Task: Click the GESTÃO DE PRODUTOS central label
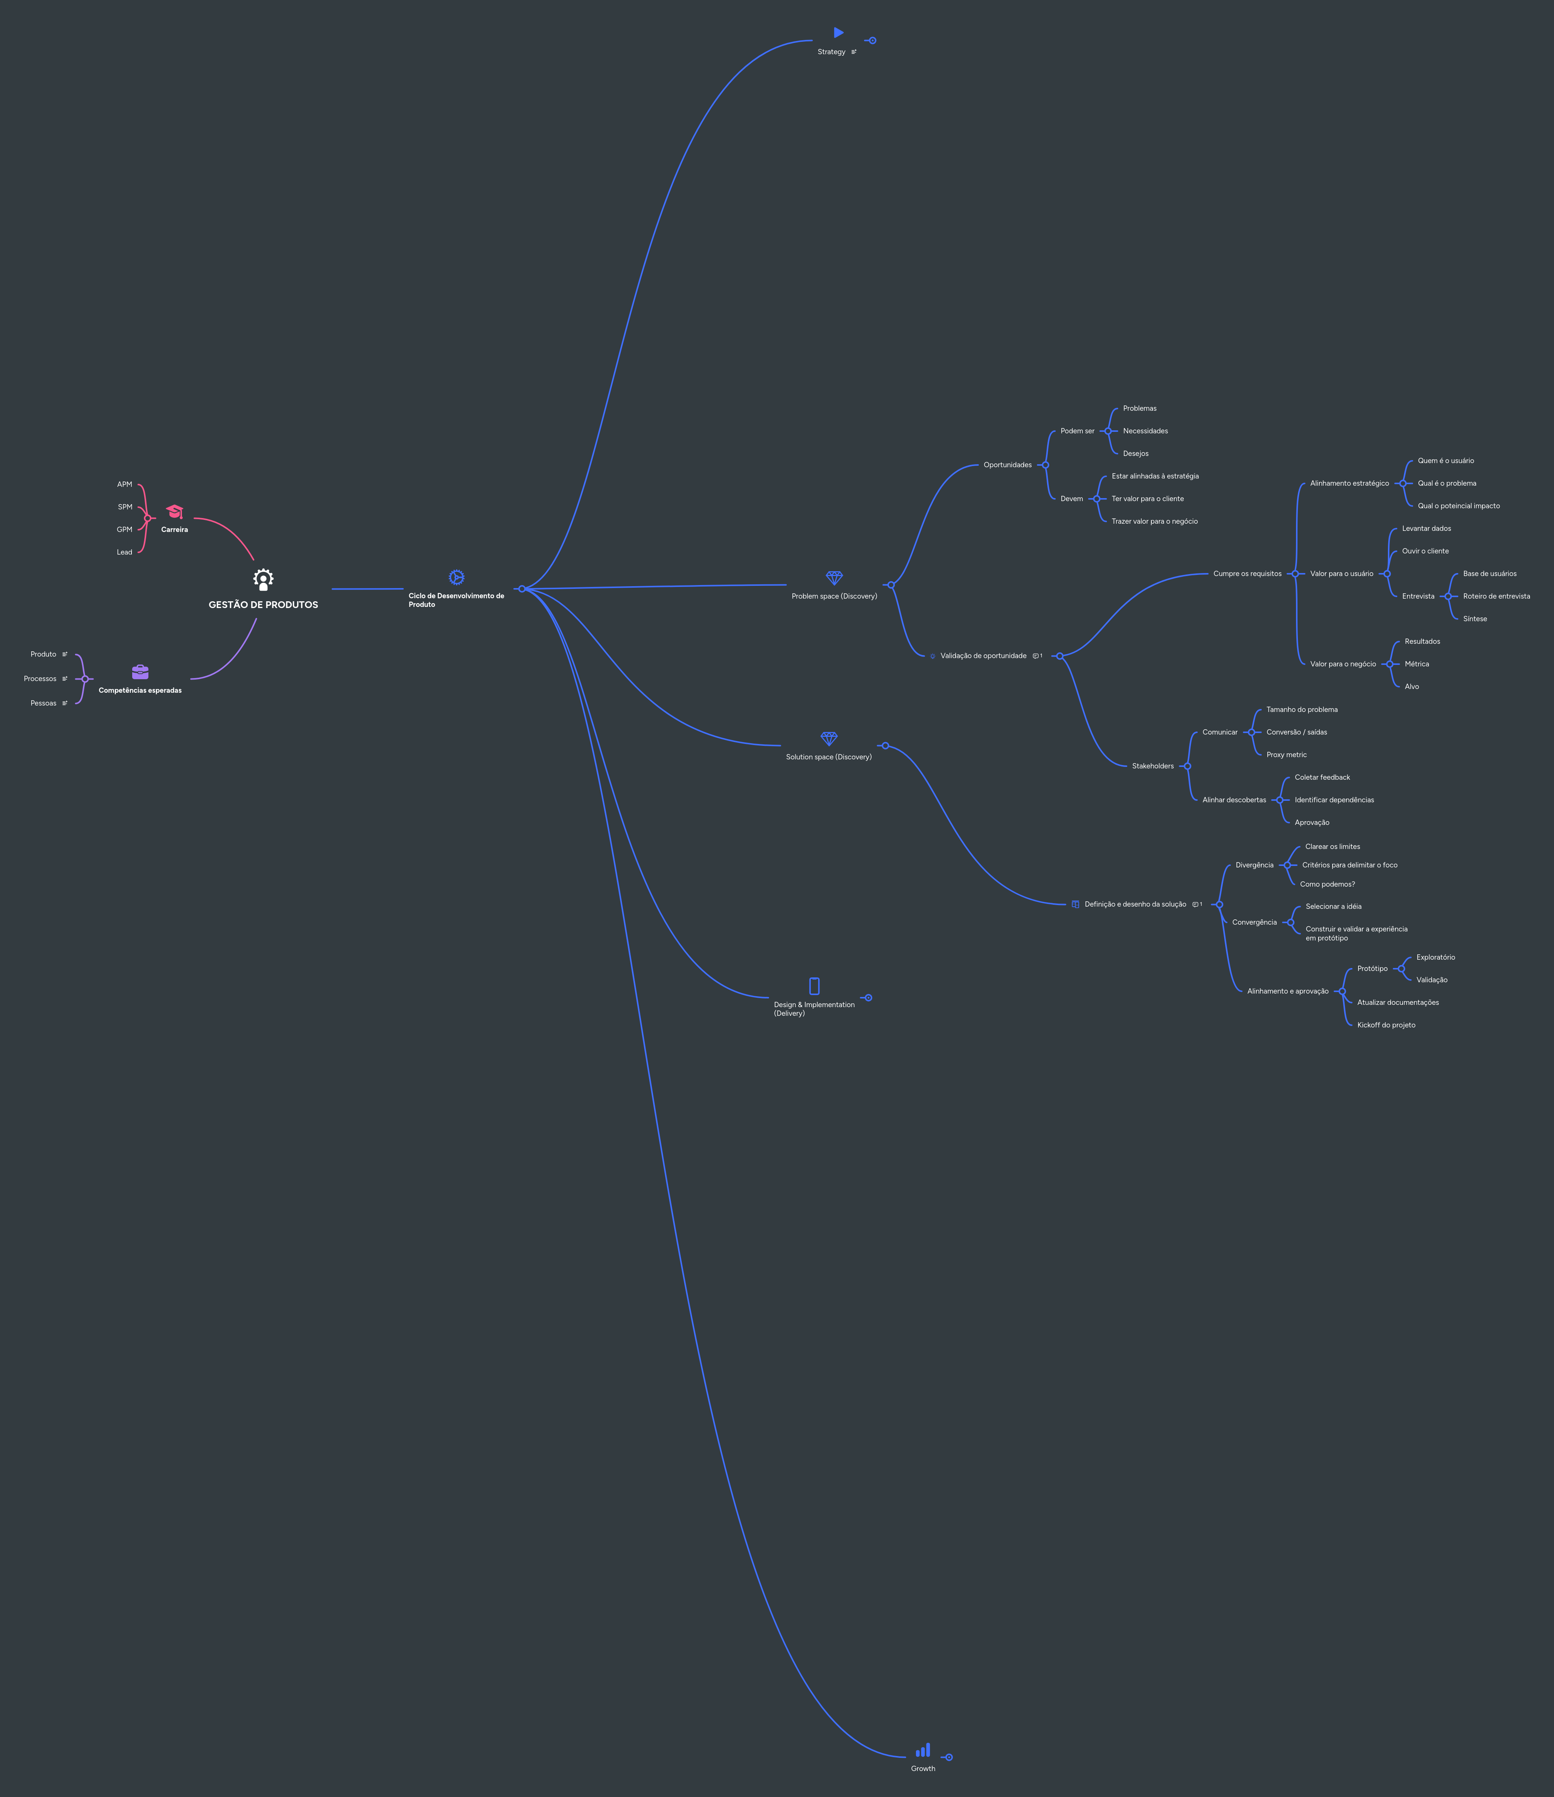click(263, 605)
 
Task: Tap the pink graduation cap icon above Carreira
click(174, 512)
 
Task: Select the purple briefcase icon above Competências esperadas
click(140, 672)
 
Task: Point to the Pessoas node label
click(43, 703)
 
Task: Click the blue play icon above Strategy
click(838, 33)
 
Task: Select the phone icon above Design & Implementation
click(814, 986)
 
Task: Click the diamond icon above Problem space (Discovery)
click(834, 578)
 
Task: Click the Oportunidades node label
click(1008, 465)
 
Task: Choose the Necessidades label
click(1145, 431)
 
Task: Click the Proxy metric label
click(1286, 754)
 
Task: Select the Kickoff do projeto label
click(1386, 1025)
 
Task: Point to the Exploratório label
click(1435, 957)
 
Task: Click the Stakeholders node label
click(1152, 766)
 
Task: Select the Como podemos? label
click(1327, 885)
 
